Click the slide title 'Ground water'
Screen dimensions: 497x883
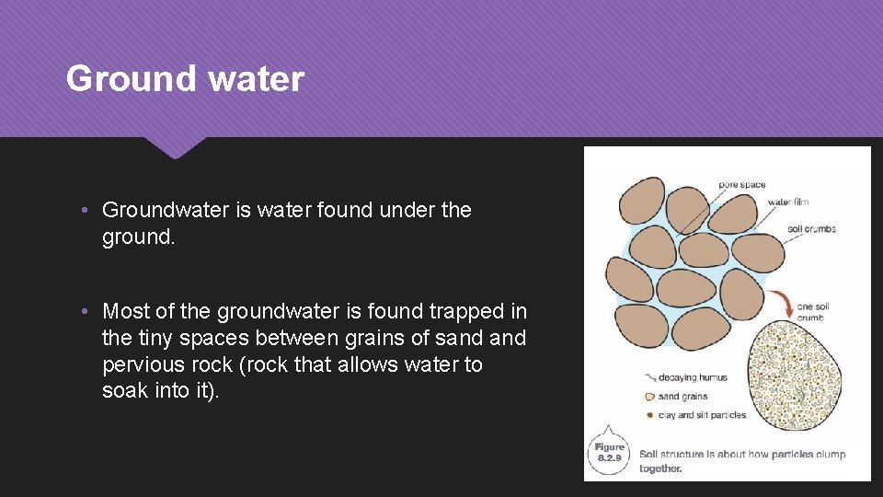[x=185, y=79]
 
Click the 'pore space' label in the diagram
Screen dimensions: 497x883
[x=741, y=185]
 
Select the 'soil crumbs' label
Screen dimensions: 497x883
[x=811, y=229]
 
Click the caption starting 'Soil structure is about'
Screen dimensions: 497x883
[x=741, y=460]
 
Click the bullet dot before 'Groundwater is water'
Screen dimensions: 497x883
[x=84, y=211]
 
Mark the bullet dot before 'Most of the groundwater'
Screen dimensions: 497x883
[x=84, y=312]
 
